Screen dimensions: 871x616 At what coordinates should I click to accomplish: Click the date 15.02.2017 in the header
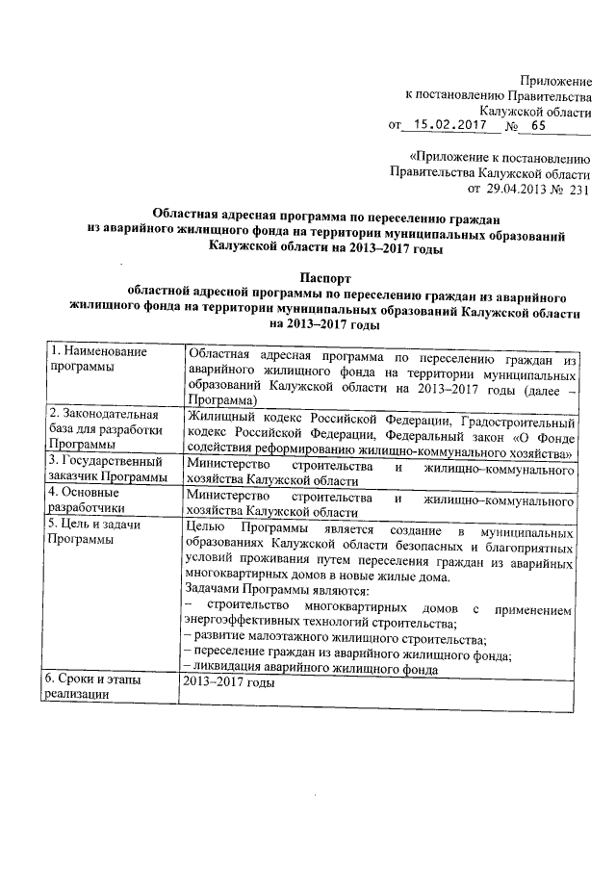[x=446, y=124]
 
